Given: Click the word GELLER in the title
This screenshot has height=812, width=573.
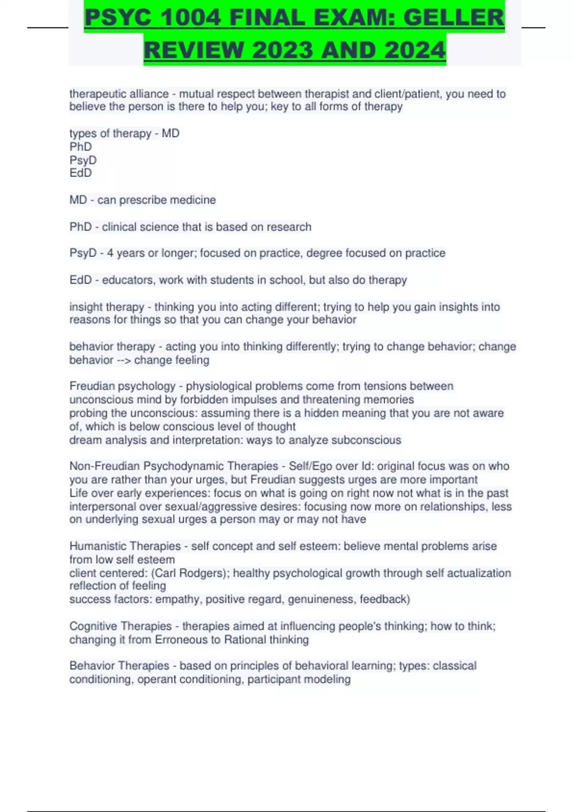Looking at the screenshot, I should tap(454, 18).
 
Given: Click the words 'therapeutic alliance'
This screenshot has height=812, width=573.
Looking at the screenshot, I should tap(119, 94).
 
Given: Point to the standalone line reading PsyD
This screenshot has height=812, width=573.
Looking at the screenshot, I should tap(83, 160).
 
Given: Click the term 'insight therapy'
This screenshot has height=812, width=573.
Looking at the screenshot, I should tap(106, 307).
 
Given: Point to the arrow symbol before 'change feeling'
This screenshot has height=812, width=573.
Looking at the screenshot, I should tap(123, 360).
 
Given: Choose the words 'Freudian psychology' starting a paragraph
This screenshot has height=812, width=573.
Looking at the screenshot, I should tap(122, 386).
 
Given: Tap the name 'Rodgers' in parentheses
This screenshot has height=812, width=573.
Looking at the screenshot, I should tap(204, 573).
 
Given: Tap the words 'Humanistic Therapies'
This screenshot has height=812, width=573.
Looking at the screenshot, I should tap(125, 546).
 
